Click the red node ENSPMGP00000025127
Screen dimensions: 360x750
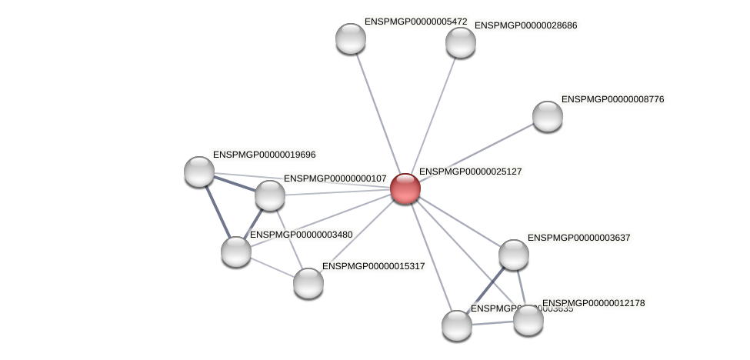tap(405, 188)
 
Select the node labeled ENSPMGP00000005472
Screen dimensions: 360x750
tap(351, 38)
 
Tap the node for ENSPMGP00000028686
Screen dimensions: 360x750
tap(461, 42)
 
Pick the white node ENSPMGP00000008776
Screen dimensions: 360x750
tap(548, 116)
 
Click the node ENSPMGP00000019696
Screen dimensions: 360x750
tap(199, 171)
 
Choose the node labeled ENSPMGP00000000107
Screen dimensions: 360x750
tap(270, 195)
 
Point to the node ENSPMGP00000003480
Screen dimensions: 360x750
tap(236, 251)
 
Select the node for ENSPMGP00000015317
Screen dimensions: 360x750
tap(308, 282)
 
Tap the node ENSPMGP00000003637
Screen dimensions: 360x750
tap(514, 255)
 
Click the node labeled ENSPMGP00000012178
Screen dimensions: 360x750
tap(528, 320)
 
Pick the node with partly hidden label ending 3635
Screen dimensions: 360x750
tap(457, 325)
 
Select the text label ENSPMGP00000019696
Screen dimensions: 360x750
tap(264, 155)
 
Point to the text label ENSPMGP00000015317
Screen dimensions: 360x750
tap(373, 266)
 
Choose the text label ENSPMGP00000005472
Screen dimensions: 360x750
tap(415, 22)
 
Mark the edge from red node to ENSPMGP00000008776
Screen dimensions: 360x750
tap(477, 152)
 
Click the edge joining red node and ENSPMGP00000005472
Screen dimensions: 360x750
tap(378, 113)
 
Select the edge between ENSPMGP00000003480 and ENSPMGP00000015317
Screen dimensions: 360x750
tap(272, 267)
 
